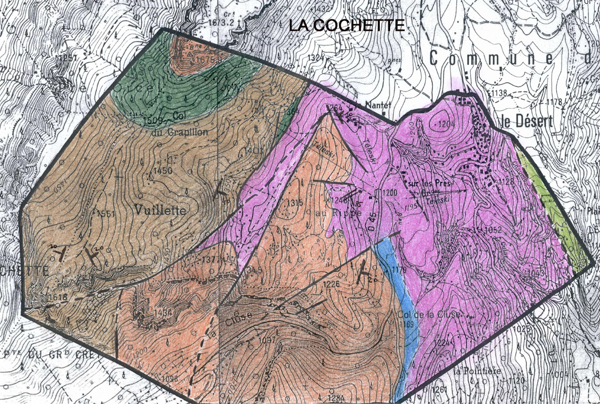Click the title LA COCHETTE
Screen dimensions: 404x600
347,25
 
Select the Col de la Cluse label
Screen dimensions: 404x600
436,314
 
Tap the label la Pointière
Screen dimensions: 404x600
472,371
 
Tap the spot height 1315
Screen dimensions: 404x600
295,203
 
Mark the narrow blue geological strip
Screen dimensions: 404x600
400,303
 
